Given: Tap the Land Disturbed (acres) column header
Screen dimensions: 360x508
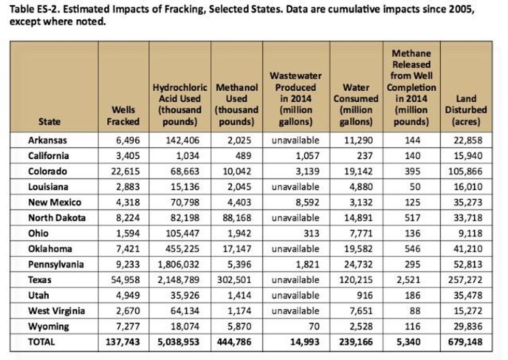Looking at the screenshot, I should pos(465,109).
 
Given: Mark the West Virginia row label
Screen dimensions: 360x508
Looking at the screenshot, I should pos(56,311).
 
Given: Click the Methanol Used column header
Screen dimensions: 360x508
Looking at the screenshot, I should pos(236,104).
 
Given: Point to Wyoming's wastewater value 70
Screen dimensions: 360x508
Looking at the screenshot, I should pos(313,326).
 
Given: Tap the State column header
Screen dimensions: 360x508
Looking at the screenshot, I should pos(49,121).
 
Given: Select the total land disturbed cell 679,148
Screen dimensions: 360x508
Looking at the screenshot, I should pos(465,342).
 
